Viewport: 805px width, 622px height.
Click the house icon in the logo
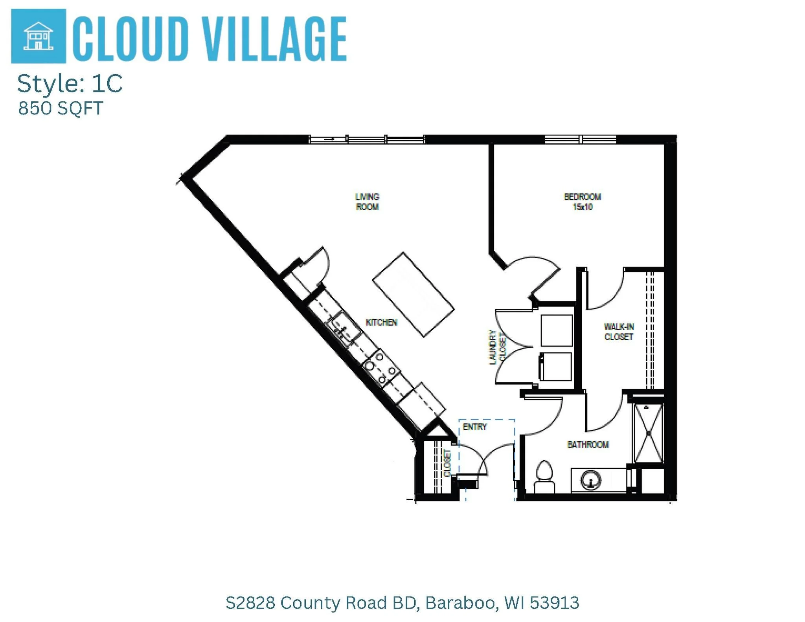(x=38, y=36)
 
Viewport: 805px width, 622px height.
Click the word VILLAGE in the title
(x=276, y=39)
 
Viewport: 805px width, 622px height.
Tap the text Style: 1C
(x=70, y=84)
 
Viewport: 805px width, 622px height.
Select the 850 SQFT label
(x=61, y=108)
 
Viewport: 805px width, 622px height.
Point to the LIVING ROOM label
(x=367, y=202)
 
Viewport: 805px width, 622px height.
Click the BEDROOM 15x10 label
(x=582, y=202)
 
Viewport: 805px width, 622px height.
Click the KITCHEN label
(x=381, y=323)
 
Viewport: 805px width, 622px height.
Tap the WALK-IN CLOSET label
(x=619, y=332)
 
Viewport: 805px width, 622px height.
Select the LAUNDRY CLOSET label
(x=497, y=347)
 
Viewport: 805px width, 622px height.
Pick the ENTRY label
(x=475, y=427)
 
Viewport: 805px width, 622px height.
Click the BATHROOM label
(x=588, y=444)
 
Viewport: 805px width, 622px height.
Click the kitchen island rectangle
(x=414, y=295)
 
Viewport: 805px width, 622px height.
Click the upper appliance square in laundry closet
(x=557, y=330)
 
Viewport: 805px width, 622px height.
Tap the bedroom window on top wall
(x=580, y=139)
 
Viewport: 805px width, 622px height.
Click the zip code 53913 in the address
(x=554, y=602)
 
